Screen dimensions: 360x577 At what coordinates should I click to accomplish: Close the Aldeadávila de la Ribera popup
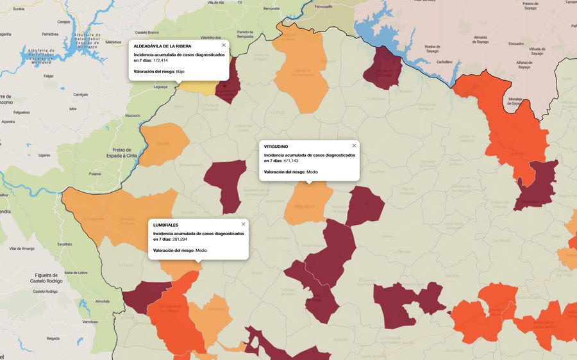[224, 45]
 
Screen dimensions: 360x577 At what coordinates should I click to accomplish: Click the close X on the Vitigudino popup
[354, 145]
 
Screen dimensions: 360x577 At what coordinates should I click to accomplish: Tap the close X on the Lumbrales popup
[243, 224]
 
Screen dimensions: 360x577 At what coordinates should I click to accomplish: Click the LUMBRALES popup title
[166, 225]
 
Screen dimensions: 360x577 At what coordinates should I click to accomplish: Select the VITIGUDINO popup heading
[276, 147]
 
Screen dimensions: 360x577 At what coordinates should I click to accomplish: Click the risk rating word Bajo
[180, 71]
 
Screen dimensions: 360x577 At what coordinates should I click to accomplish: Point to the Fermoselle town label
[324, 6]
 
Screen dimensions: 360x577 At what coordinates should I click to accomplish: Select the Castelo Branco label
[147, 31]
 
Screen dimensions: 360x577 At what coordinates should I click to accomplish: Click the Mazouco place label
[133, 116]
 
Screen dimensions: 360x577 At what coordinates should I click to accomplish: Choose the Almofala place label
[102, 301]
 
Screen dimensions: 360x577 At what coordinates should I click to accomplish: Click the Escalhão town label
[65, 244]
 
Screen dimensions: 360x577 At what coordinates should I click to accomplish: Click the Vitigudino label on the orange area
[303, 206]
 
